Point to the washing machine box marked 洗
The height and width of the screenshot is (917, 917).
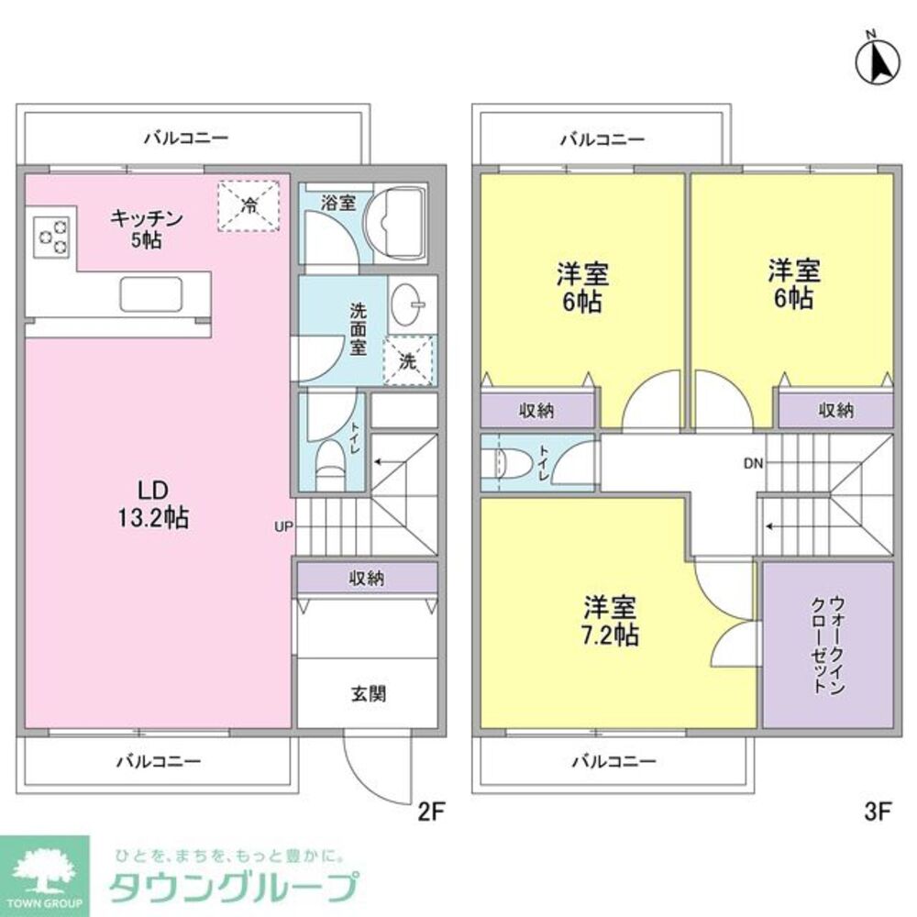(x=409, y=360)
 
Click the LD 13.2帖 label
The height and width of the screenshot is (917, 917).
(x=151, y=505)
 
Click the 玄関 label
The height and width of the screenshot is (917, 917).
(x=368, y=693)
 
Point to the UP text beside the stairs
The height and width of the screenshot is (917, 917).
(x=282, y=526)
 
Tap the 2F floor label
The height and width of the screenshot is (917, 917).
(x=430, y=810)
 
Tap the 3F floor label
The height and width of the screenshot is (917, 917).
(x=878, y=810)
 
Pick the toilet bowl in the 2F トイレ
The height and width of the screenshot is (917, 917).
(x=327, y=460)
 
